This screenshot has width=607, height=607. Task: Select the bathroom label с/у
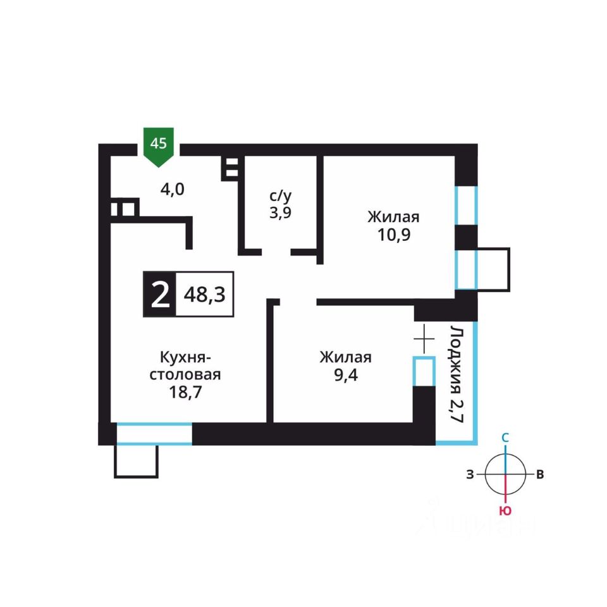click(x=278, y=195)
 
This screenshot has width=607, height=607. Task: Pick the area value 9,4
click(x=345, y=374)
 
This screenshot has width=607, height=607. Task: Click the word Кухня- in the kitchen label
click(x=184, y=357)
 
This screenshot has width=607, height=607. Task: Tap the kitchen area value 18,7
click(x=184, y=392)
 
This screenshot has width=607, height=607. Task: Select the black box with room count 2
click(x=160, y=294)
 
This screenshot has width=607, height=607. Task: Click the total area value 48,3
click(x=205, y=295)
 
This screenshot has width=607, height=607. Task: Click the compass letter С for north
click(x=505, y=438)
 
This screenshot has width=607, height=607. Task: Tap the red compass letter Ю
click(x=505, y=511)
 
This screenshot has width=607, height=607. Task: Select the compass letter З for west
click(x=470, y=475)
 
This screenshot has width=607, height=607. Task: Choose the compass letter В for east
click(x=539, y=475)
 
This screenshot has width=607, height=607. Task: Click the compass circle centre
click(x=505, y=474)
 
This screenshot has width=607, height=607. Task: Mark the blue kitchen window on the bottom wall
click(x=154, y=434)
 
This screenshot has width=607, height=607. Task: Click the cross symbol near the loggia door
click(x=424, y=340)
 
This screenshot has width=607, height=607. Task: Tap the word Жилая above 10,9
click(x=393, y=217)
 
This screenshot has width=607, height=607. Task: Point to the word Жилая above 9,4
click(x=345, y=357)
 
